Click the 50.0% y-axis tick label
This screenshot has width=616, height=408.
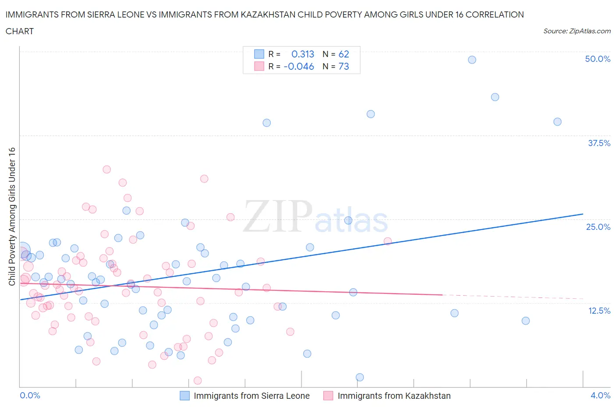coord(598,59)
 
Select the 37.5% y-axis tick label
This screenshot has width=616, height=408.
coord(599,143)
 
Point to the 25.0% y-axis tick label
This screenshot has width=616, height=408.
coord(598,227)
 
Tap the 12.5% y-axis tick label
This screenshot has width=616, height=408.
coord(599,311)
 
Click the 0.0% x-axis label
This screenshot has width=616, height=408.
coord(30,395)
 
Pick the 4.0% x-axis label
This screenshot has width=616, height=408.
coord(600,395)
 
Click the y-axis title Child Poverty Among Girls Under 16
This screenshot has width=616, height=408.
coord(12,216)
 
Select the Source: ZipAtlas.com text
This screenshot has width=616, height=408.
coord(577,31)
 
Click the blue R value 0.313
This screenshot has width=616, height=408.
coord(303,54)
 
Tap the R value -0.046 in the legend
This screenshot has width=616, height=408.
coord(299,66)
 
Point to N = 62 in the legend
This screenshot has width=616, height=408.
coord(336,54)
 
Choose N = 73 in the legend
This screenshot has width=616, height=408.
coord(336,66)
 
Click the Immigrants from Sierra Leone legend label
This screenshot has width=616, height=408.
coord(251,396)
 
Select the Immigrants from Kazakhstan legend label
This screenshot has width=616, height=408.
coord(394,396)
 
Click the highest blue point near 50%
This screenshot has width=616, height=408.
coord(472,60)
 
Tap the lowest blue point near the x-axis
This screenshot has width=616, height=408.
coord(360,377)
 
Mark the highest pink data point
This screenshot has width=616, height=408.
coord(106,169)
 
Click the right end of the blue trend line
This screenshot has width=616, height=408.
coord(583,214)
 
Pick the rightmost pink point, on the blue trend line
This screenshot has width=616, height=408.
coord(387,241)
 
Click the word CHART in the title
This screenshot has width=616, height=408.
coord(20,31)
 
